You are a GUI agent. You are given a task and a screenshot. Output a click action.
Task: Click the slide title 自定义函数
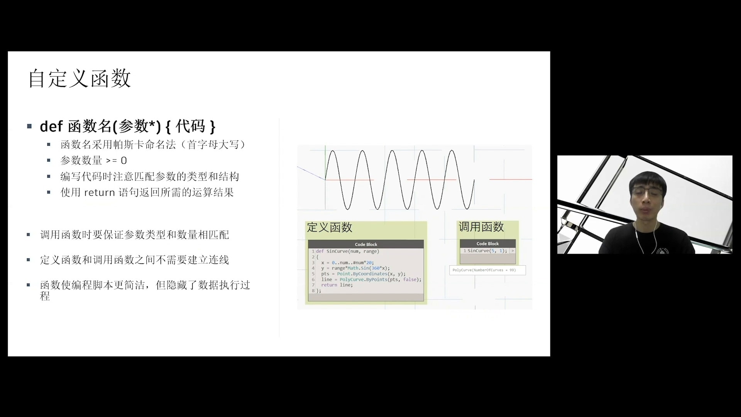[80, 78]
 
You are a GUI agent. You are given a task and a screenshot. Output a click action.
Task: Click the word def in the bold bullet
[51, 126]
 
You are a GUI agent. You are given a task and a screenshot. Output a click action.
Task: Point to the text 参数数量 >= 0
[94, 160]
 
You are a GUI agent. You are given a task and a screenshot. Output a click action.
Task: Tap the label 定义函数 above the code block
[330, 227]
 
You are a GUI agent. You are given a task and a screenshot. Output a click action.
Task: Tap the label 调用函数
[481, 227]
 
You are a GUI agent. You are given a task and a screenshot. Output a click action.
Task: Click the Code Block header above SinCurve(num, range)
[366, 244]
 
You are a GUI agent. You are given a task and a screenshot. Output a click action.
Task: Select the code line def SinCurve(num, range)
[348, 251]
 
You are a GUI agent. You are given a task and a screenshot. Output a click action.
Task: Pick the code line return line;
[337, 285]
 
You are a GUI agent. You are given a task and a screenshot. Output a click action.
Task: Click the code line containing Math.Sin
[355, 268]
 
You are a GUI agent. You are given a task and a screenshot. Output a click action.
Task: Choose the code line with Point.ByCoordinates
[363, 274]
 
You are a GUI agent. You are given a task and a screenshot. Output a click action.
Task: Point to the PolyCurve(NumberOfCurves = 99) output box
[487, 270]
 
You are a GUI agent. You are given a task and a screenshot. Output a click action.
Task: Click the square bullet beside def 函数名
[29, 126]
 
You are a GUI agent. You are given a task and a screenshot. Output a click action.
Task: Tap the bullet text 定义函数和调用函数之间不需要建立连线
[135, 260]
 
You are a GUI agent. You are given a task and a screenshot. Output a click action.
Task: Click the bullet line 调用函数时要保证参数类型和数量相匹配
[135, 235]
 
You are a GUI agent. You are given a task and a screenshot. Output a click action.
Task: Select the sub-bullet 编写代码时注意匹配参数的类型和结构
[150, 176]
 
